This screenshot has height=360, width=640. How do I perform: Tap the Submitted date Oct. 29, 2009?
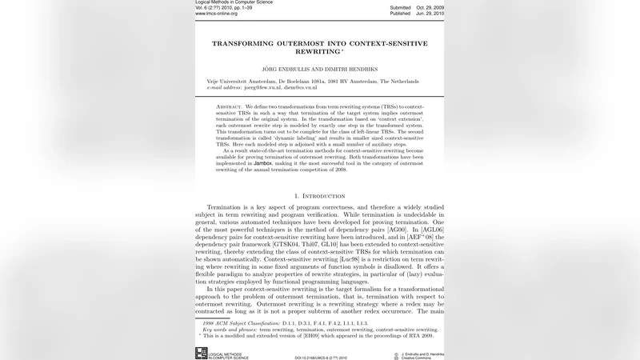pyautogui.click(x=428, y=7)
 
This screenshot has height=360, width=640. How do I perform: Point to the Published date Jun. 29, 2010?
pyautogui.click(x=428, y=14)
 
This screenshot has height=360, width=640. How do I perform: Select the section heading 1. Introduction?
pyautogui.click(x=320, y=196)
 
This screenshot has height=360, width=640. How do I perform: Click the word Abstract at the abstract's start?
pyautogui.click(x=230, y=106)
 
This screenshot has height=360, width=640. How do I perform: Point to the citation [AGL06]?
pyautogui.click(x=430, y=229)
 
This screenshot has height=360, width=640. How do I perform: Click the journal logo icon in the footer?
pyautogui.click(x=201, y=352)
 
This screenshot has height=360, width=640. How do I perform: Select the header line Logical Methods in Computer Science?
pyautogui.click(x=234, y=2)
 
